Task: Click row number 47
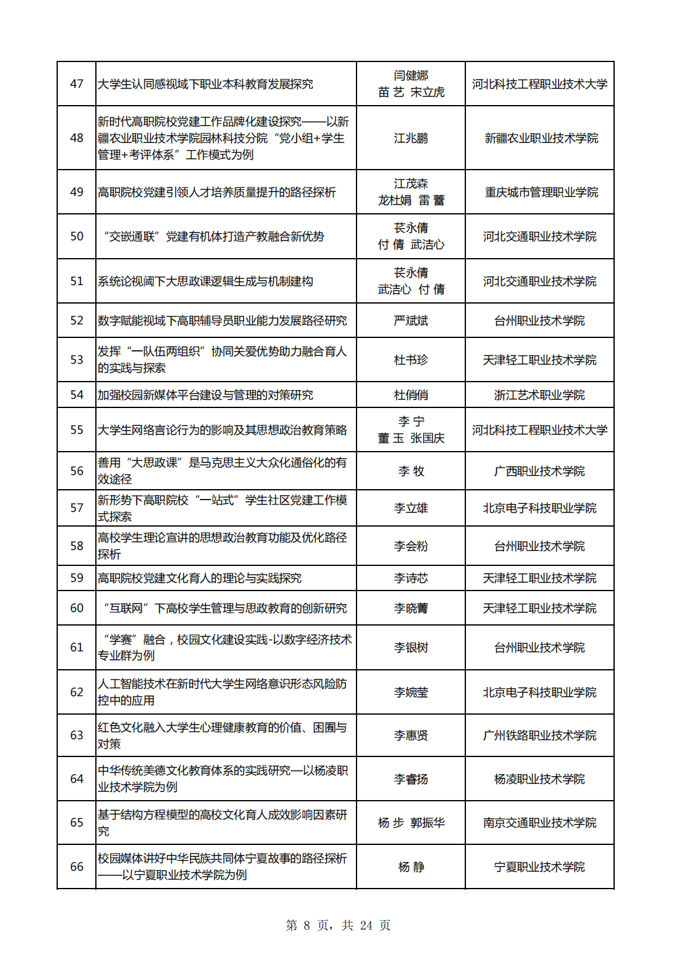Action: (77, 84)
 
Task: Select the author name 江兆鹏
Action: (411, 138)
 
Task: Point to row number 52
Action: (77, 320)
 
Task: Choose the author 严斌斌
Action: (411, 320)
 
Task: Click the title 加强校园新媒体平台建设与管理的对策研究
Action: (205, 395)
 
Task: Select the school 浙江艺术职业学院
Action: (539, 395)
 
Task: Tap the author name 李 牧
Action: (411, 471)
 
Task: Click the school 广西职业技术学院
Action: (539, 471)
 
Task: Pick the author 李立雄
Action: (411, 508)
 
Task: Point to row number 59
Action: (77, 578)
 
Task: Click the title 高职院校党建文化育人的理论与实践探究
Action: (200, 578)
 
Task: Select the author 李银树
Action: (411, 647)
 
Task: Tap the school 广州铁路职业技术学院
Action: (539, 735)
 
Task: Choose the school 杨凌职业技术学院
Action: (539, 779)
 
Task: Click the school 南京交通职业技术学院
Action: (539, 822)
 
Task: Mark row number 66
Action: (77, 866)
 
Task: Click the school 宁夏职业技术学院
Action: (539, 866)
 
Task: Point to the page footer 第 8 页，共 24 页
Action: (338, 925)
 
